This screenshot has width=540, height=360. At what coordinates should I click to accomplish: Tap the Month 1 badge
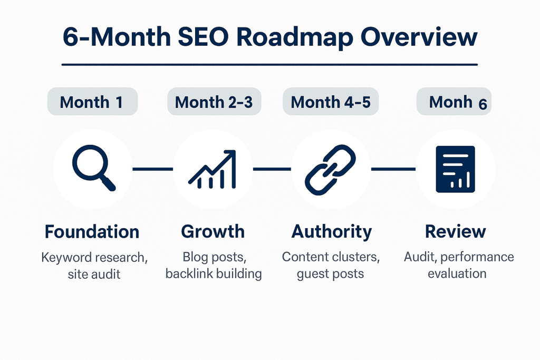point(92,102)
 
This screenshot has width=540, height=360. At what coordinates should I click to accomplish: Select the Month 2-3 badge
point(214,102)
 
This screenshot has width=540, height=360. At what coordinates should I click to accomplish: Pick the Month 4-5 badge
point(331,102)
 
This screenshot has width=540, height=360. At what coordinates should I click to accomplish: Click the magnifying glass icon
point(93,168)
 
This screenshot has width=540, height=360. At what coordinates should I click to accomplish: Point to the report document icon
point(455,169)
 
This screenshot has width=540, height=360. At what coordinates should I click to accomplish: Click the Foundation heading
point(92,231)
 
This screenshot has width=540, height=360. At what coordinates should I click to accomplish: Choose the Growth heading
point(213,231)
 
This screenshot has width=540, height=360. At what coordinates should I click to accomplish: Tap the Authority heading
point(331,231)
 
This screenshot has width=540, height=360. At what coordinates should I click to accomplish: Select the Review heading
point(455,231)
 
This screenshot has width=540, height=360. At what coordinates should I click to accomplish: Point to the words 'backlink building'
point(214,274)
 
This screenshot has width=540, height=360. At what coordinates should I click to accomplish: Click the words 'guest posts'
point(331,274)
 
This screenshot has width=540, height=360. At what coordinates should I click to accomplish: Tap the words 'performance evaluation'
point(457,266)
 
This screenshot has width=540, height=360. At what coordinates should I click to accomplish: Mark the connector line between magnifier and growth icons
point(152,169)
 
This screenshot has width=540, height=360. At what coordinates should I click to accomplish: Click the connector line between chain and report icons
point(393,169)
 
